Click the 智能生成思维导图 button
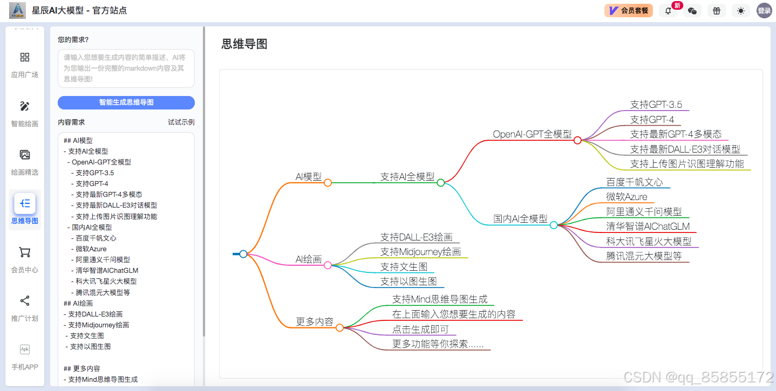coord(126,102)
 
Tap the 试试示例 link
coord(181,122)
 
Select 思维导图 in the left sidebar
coord(25,209)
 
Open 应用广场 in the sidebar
coord(25,64)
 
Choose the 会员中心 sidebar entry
coord(25,259)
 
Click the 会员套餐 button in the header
coord(629,10)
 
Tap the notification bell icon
coord(668,11)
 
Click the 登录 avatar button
coord(764,11)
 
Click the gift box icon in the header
coord(717,11)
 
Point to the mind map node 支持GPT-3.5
coord(656,105)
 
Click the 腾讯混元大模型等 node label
coord(644,256)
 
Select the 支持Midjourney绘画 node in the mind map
coord(420,252)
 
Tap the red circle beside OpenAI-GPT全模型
coord(577,140)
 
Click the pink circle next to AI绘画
coord(328,265)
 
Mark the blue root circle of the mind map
coord(243,254)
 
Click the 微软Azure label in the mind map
coord(627,197)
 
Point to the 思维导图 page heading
coord(244,44)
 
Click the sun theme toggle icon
coord(741,11)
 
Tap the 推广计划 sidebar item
coord(25,308)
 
